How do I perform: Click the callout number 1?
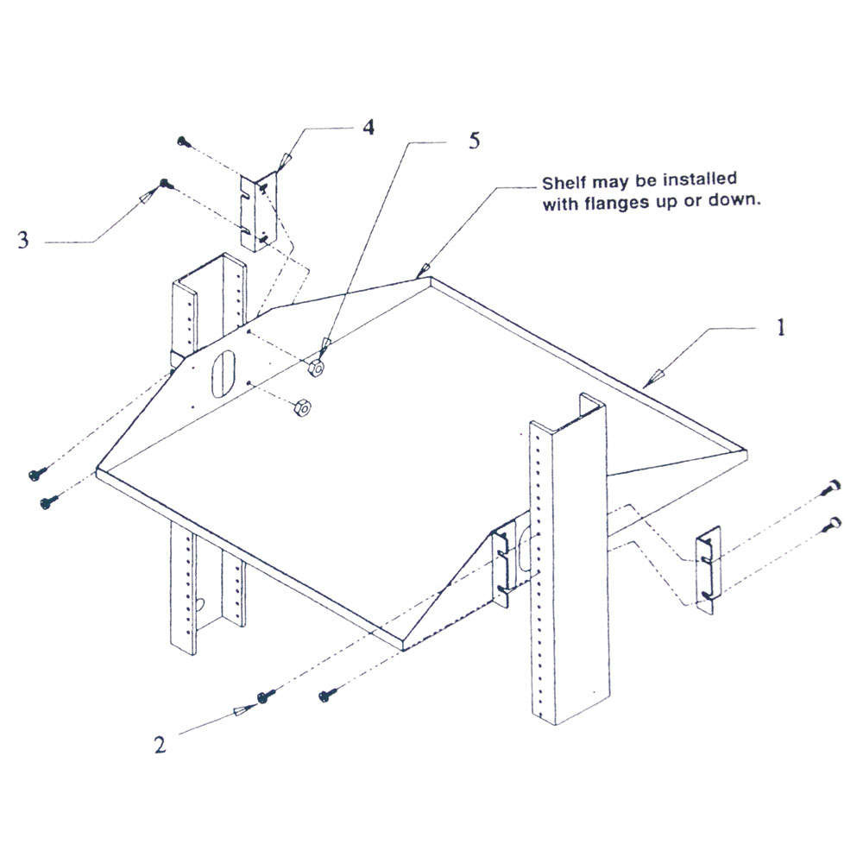tap(780, 328)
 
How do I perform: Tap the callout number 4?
tap(369, 128)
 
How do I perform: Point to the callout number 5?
tap(474, 141)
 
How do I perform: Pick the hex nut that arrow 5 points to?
tap(316, 368)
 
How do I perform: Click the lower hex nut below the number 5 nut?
tap(301, 406)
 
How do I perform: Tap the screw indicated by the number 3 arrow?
tap(164, 183)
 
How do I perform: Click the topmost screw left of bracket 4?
tap(182, 140)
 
